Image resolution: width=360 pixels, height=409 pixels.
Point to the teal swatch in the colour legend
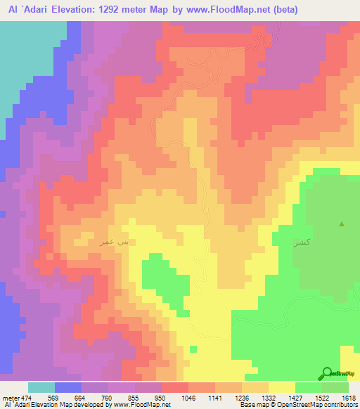(41, 387)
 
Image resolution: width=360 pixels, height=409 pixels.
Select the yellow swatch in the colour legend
(281, 387)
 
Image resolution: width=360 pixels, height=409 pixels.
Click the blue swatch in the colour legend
(68, 387)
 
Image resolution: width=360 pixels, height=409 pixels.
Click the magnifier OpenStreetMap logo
(327, 372)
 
